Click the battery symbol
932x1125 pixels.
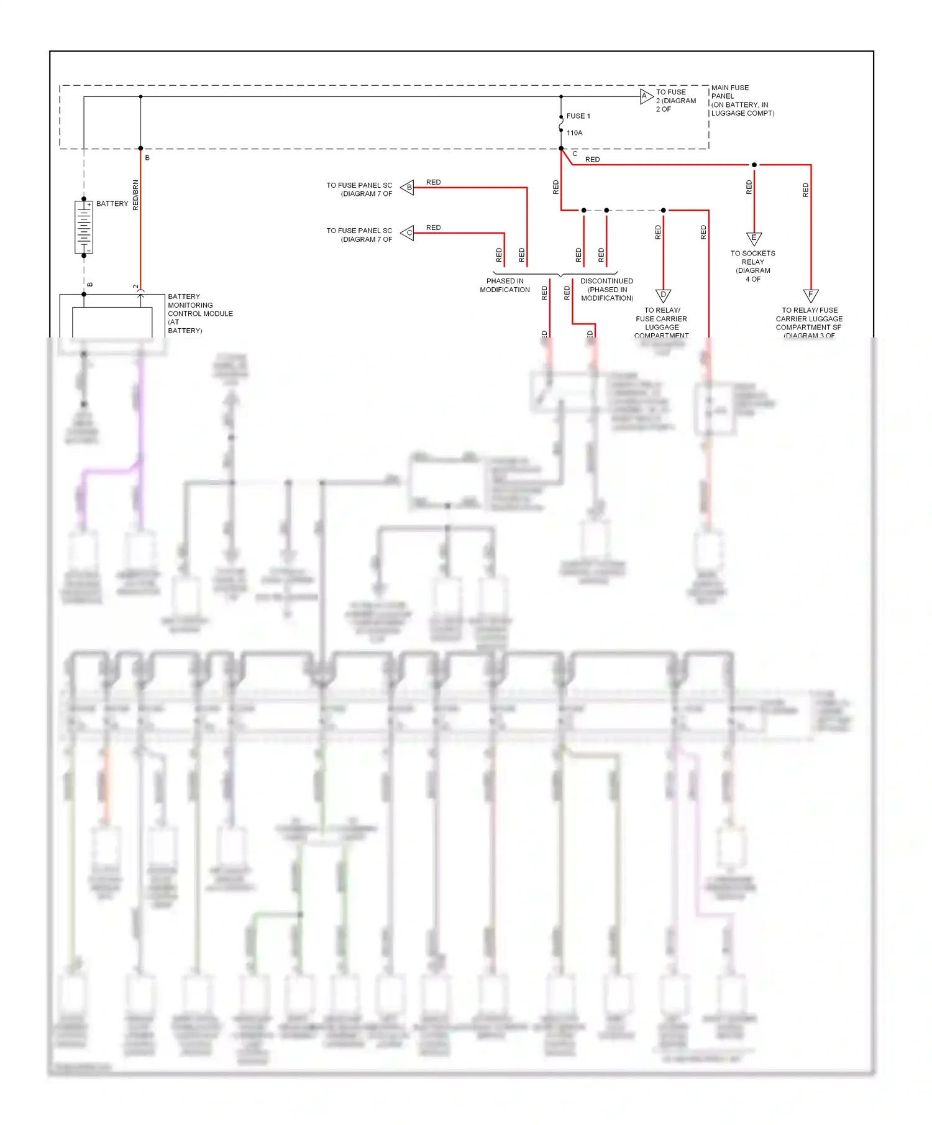click(x=84, y=227)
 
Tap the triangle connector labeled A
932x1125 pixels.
click(x=646, y=96)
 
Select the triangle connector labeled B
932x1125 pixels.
click(x=408, y=187)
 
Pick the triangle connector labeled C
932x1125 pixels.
click(x=408, y=233)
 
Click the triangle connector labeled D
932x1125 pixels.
click(x=663, y=295)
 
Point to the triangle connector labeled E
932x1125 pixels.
click(x=754, y=238)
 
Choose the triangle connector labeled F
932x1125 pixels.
click(x=810, y=295)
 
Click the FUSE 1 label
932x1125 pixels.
click(x=578, y=116)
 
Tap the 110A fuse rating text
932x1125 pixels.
click(x=575, y=133)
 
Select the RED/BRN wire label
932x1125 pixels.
click(x=135, y=195)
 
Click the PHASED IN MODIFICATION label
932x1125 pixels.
click(x=505, y=285)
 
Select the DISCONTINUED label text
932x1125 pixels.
click(x=606, y=282)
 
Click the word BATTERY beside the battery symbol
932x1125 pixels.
click(x=112, y=204)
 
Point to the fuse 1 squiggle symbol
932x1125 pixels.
click(x=561, y=124)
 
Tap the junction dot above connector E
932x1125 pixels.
click(x=754, y=165)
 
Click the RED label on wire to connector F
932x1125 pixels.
click(x=805, y=190)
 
